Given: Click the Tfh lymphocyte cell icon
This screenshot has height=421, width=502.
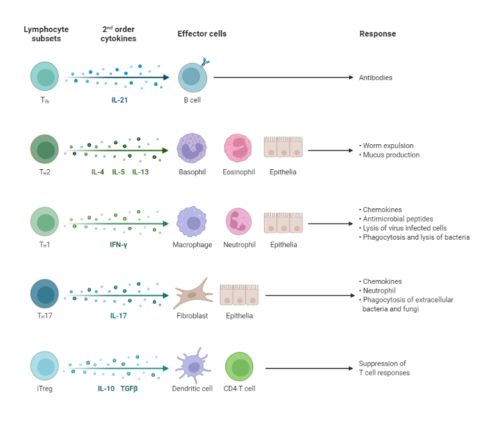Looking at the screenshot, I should tap(45, 76).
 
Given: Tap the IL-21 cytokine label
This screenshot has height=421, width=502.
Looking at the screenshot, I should tap(119, 100).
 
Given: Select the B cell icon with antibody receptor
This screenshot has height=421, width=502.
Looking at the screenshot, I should tap(192, 77).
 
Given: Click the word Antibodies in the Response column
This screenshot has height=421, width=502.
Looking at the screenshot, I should tap(375, 78).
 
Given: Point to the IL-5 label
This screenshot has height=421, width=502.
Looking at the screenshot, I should tap(118, 172).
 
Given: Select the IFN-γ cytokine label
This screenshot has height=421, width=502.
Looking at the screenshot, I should tap(119, 245).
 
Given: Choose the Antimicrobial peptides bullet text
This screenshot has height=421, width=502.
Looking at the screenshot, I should tap(396, 219).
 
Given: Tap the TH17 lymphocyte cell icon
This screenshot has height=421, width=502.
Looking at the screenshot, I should tap(45, 294).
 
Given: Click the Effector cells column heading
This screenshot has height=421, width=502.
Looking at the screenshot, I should tap(201, 34).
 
